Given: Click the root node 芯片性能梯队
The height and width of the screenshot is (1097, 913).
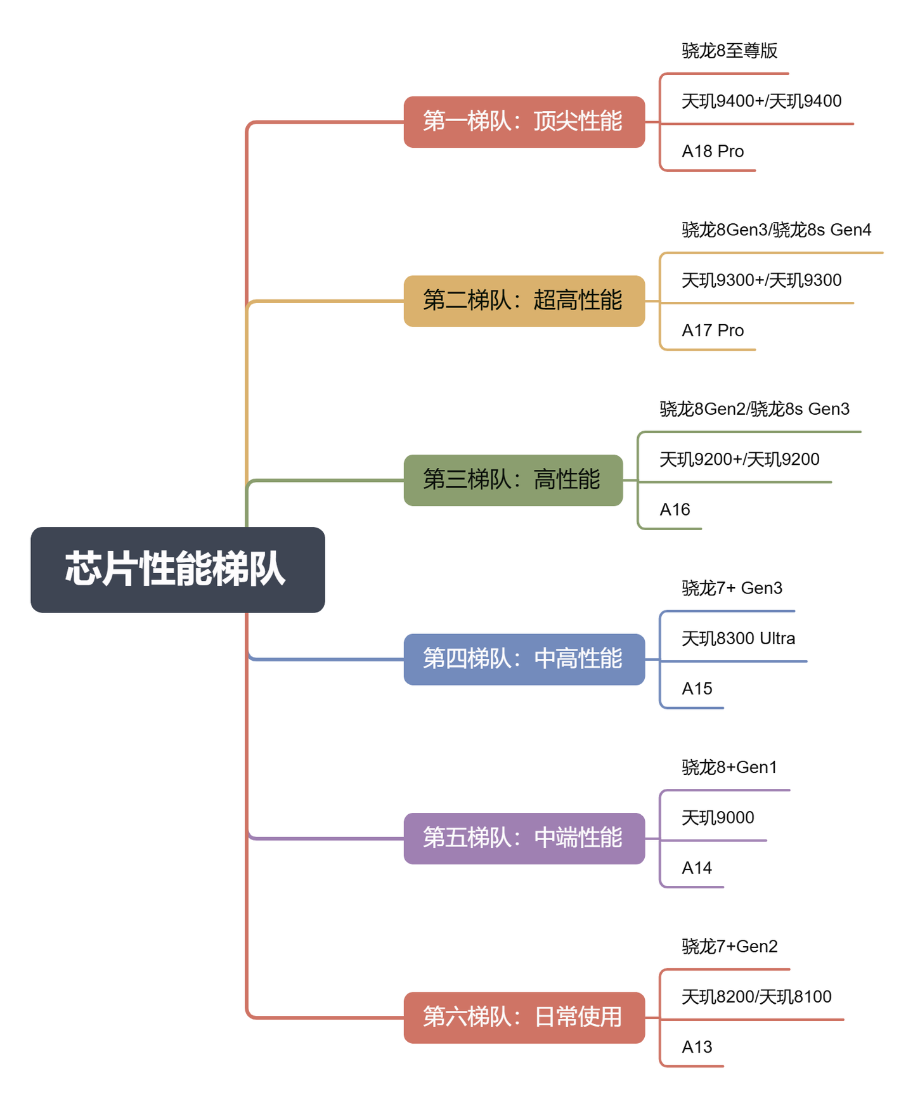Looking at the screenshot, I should [178, 569].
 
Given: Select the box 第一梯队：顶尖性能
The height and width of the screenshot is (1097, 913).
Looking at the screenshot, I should [524, 122].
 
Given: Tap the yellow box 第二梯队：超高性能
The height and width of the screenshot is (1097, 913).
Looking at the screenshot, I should [524, 301].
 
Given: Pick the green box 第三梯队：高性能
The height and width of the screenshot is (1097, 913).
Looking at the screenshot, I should [513, 480].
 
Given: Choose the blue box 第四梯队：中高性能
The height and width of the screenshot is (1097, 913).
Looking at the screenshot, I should [524, 659].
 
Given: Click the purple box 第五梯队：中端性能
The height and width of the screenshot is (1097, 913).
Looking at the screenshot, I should [524, 838].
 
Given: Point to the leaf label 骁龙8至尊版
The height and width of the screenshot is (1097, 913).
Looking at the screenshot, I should [729, 51].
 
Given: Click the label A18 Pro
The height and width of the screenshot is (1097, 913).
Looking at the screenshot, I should [713, 152].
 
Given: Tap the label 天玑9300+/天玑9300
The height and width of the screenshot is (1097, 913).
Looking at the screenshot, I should [761, 280].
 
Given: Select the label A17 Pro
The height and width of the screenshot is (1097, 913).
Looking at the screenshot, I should [713, 330].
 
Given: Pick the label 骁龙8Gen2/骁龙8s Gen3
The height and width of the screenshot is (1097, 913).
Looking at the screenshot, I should [754, 409].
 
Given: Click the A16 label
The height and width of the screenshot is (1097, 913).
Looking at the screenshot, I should [675, 510].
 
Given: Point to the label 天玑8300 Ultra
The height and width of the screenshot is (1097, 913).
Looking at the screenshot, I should [738, 639].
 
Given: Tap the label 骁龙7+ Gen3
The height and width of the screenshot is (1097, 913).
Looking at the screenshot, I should [732, 588].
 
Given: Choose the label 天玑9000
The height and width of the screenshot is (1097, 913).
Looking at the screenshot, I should [718, 818].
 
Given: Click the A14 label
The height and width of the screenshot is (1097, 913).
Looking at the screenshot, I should [697, 868].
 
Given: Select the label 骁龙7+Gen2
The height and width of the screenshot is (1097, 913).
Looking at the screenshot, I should [729, 947].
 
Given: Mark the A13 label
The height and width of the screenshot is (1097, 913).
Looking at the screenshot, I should [697, 1047].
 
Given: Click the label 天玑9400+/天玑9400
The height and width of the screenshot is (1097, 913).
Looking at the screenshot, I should [761, 101].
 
